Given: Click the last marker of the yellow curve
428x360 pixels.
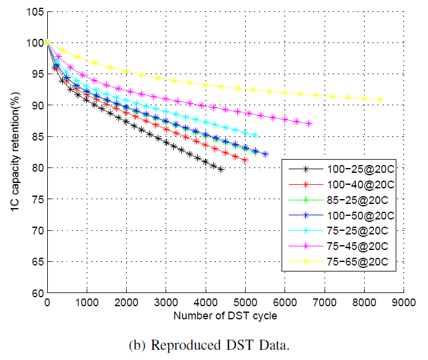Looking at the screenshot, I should coord(380,100).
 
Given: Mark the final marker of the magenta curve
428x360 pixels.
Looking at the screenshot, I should coord(308,124).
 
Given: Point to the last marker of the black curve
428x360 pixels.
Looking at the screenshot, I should coord(221,169).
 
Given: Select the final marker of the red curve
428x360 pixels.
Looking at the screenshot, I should coord(245,160).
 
